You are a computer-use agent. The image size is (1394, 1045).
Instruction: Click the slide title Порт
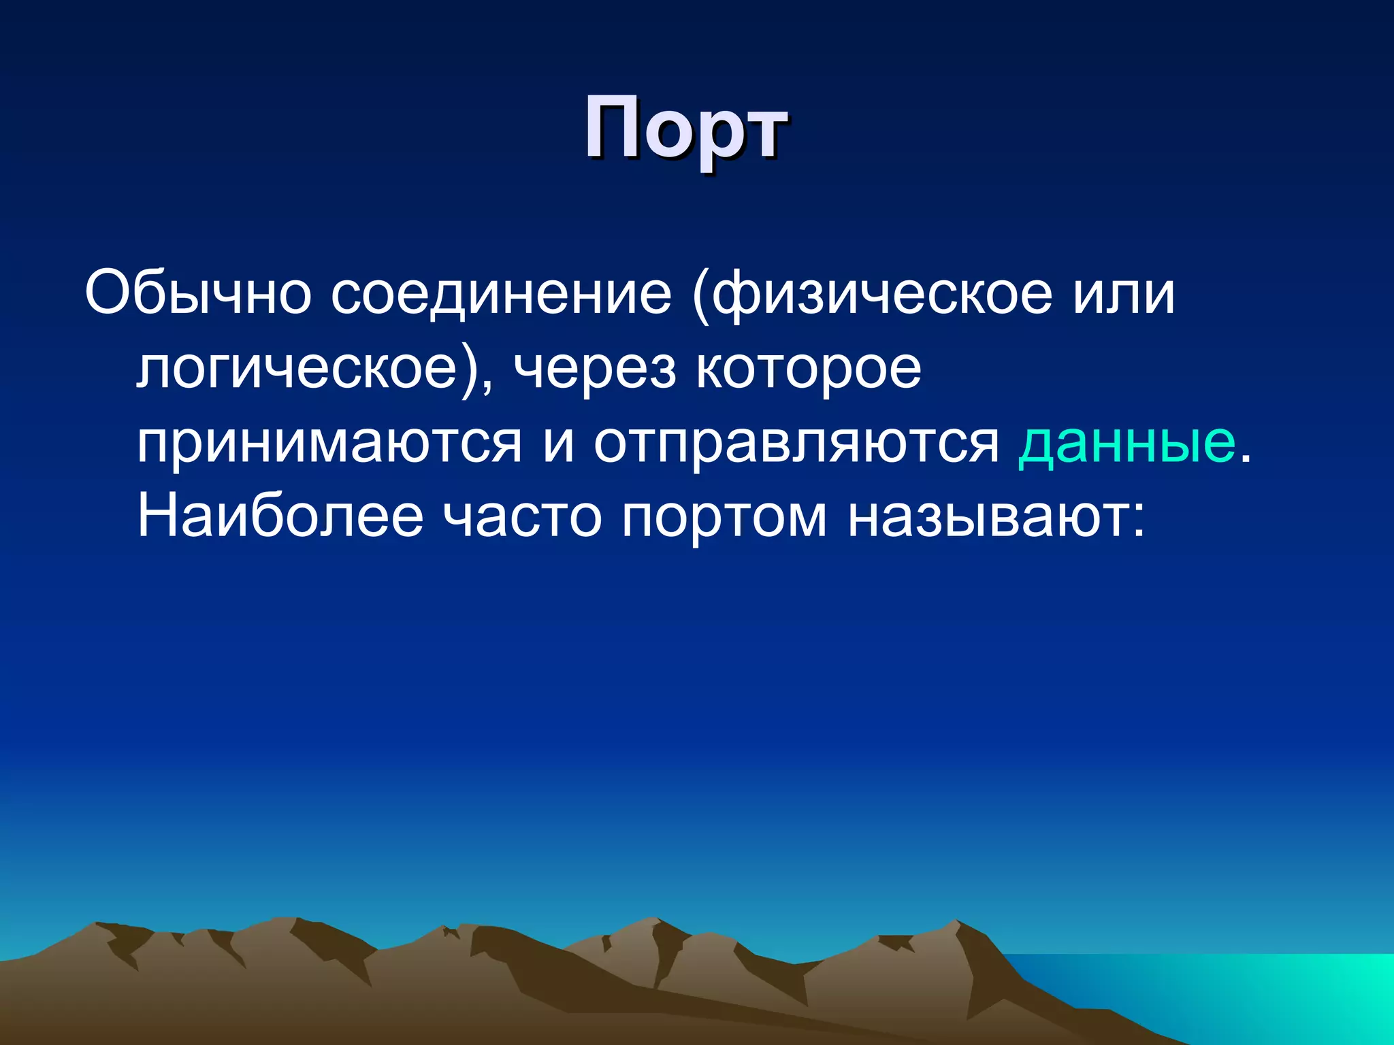pyautogui.click(x=685, y=128)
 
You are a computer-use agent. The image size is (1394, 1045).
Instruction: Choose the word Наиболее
pyautogui.click(x=280, y=517)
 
